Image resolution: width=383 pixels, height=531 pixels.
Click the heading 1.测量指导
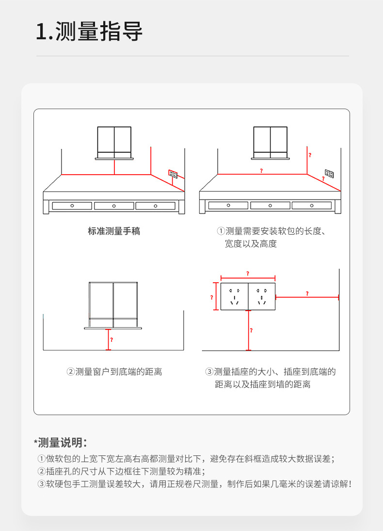tap(89, 32)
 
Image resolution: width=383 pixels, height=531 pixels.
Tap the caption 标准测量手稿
tap(114, 231)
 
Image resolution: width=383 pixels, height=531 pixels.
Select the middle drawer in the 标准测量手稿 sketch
tap(114, 206)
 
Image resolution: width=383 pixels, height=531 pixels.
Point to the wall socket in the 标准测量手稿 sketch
tap(173, 173)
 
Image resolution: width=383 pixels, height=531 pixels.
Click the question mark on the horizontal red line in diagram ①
tap(261, 171)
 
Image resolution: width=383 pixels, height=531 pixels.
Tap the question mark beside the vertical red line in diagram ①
tap(310, 155)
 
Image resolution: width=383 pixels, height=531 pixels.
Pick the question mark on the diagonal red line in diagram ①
tap(323, 179)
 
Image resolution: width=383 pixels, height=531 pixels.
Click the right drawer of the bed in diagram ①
tap(311, 206)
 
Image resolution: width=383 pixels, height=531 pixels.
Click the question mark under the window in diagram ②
tap(112, 339)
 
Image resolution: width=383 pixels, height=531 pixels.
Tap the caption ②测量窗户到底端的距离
tap(114, 372)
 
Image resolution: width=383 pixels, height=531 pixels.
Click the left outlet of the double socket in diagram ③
tap(235, 297)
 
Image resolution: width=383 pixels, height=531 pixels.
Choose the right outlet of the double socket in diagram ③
tap(262, 297)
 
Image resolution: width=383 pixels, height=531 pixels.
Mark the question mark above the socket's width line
tap(248, 274)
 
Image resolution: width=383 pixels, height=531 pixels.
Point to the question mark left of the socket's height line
tap(211, 297)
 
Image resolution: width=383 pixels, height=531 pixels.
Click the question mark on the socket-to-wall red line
tap(307, 293)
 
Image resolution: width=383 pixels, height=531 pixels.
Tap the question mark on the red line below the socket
tap(251, 330)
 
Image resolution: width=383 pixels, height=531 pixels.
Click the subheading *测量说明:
tap(61, 442)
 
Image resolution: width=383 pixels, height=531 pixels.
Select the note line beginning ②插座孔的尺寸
tap(121, 471)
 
